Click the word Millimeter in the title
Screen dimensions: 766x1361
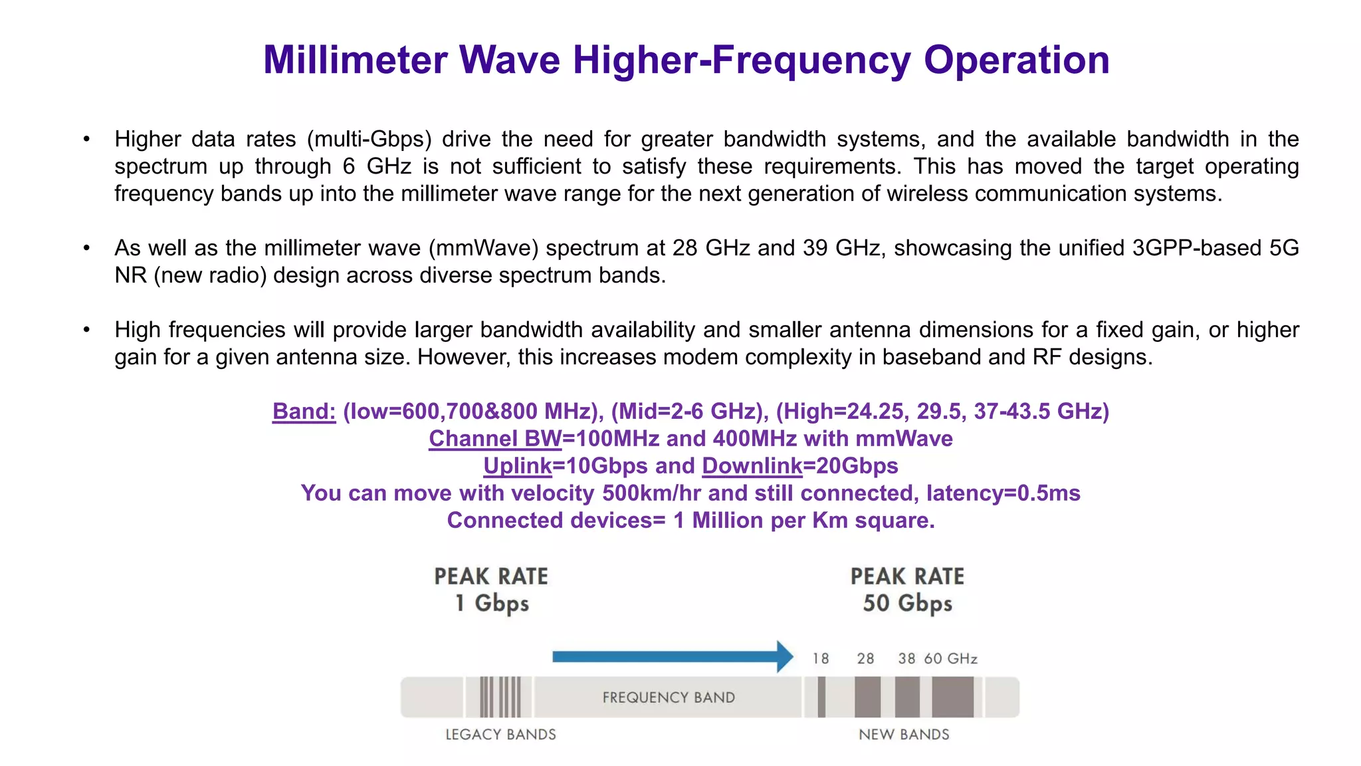point(355,60)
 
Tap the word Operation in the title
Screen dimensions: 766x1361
point(1017,60)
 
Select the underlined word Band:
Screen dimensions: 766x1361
point(304,412)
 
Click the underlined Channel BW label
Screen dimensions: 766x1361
point(495,439)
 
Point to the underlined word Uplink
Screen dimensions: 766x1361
point(518,466)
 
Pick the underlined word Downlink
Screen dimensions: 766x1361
point(752,466)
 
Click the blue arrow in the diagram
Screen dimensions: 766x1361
point(672,657)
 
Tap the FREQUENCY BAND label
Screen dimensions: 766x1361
point(669,698)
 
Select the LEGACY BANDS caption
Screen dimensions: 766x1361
point(500,735)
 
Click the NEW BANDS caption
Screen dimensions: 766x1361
point(904,735)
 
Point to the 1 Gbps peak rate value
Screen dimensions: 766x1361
point(492,604)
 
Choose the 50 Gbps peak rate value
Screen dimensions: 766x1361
point(907,604)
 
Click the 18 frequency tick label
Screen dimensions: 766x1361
point(821,659)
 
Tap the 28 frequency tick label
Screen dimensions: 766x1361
point(865,659)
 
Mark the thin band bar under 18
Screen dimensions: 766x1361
point(821,698)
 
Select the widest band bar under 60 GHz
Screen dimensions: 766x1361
point(952,698)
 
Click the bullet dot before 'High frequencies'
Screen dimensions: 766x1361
point(86,330)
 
